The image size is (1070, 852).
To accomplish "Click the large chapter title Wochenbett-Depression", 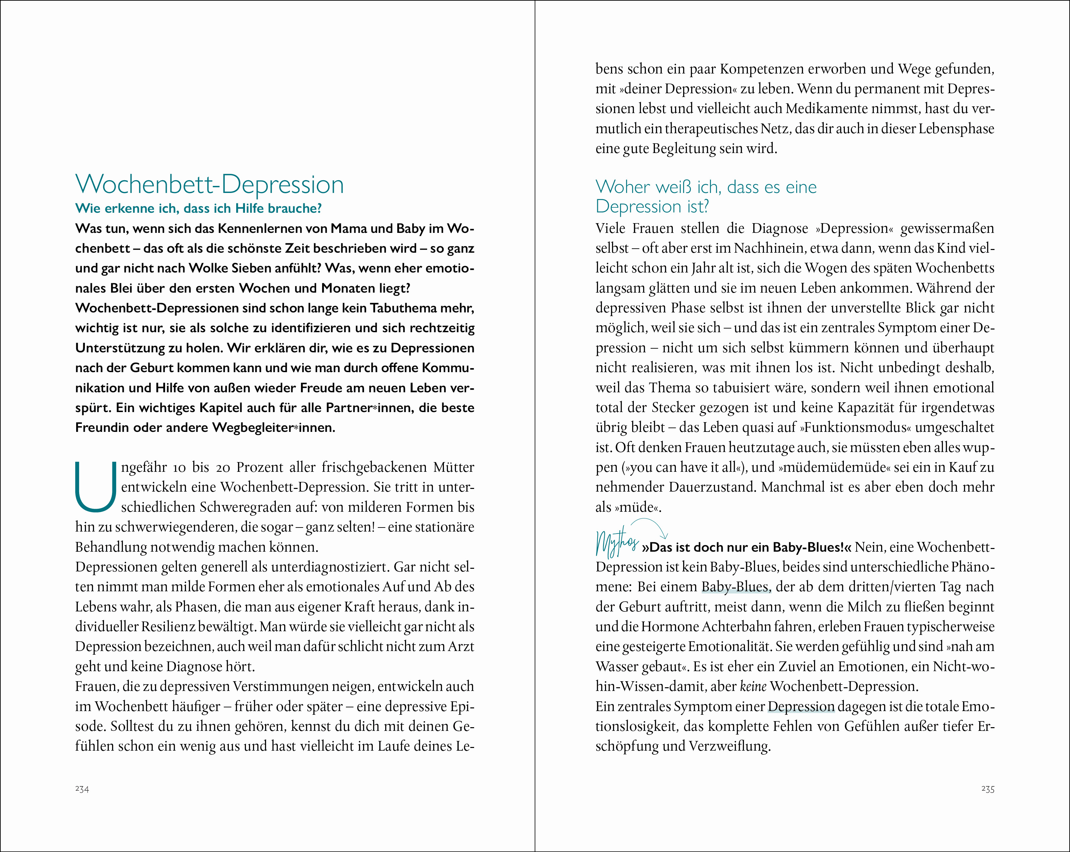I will coord(209,185).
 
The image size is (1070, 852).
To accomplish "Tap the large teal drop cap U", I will coord(95,487).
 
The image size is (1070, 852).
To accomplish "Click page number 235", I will coord(987,789).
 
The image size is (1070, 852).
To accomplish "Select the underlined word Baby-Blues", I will coord(735,587).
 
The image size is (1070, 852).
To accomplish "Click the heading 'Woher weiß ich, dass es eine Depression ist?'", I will coord(706,197).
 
